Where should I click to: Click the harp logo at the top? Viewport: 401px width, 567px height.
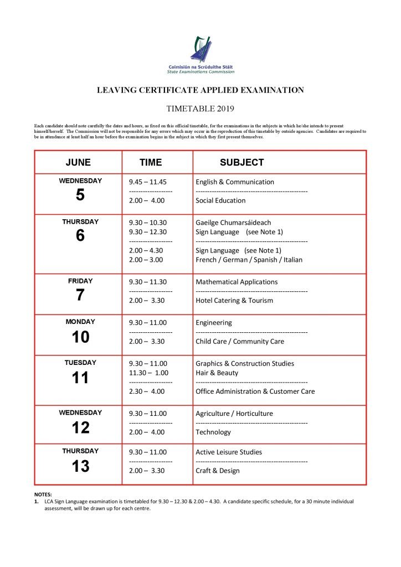click(x=200, y=50)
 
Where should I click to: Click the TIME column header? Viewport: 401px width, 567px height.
click(x=151, y=162)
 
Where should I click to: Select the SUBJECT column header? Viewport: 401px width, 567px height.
click(x=241, y=162)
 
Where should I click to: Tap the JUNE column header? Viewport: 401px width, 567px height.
click(x=78, y=162)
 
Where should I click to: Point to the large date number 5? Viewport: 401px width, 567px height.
click(x=80, y=195)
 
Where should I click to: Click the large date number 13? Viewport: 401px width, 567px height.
click(x=80, y=467)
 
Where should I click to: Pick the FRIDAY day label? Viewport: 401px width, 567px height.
click(x=80, y=281)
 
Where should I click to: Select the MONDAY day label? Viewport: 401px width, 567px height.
click(x=80, y=322)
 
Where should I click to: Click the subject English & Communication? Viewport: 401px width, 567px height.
click(x=235, y=182)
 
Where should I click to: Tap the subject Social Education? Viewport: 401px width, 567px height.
click(x=220, y=200)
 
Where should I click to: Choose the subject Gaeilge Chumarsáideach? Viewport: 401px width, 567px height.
click(x=233, y=223)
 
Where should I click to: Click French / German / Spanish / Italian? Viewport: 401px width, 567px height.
click(x=249, y=260)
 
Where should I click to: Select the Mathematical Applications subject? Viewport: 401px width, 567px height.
click(x=237, y=282)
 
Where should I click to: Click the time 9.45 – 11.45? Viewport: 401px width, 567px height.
click(x=147, y=182)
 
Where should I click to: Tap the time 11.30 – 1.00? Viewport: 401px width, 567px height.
click(x=148, y=373)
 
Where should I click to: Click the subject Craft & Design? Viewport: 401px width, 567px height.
click(x=218, y=471)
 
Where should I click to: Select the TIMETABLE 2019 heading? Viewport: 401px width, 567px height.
click(x=200, y=109)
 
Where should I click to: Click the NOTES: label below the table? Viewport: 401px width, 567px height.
click(x=43, y=494)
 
